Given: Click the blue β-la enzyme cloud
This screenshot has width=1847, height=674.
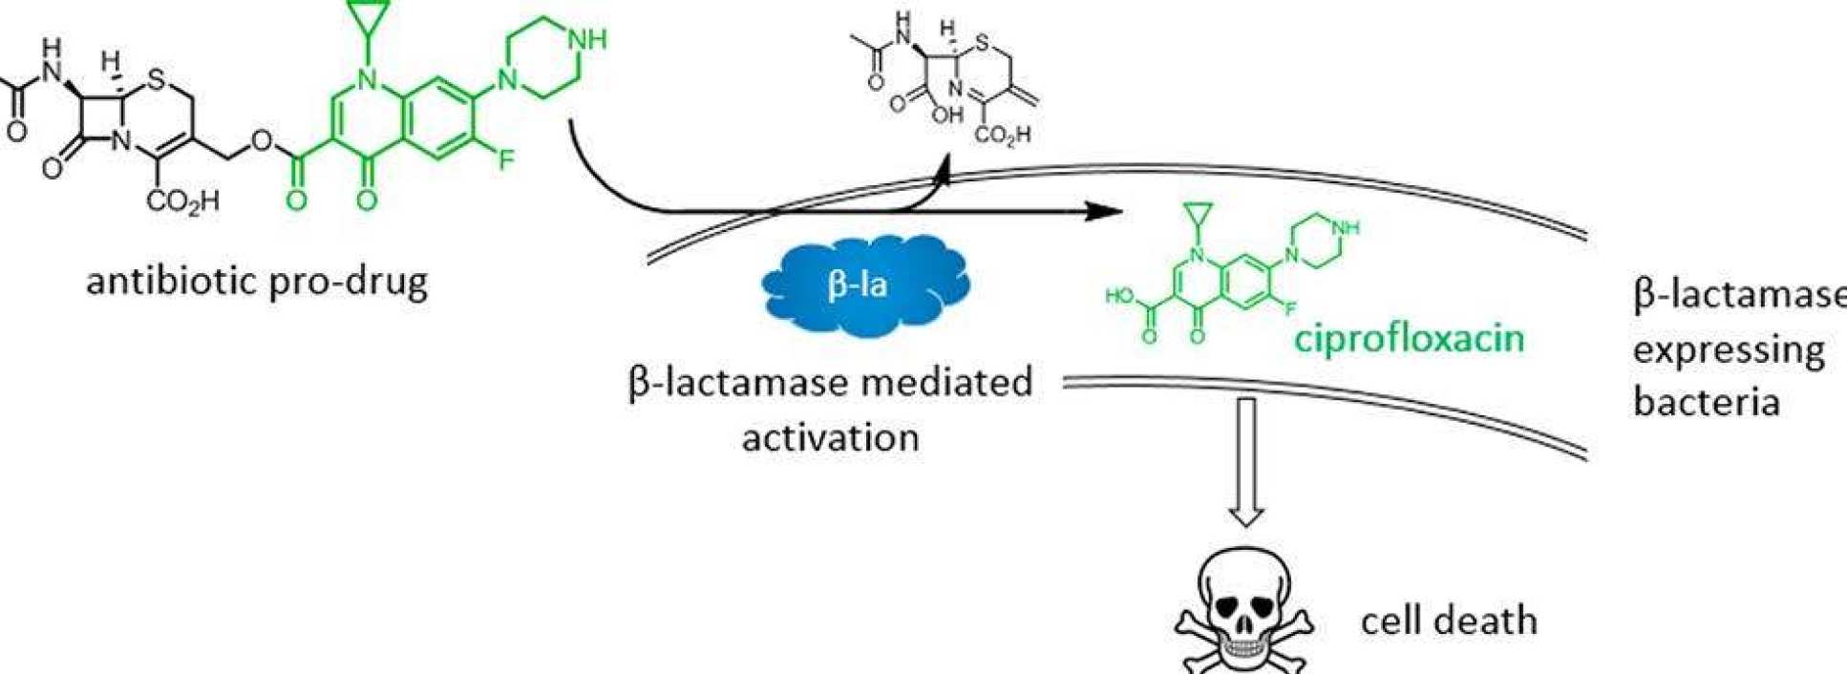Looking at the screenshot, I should pyautogui.click(x=858, y=285).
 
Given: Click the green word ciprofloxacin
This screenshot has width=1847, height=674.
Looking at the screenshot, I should pyautogui.click(x=1410, y=338).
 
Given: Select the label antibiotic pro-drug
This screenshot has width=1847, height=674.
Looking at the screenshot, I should pyautogui.click(x=257, y=283).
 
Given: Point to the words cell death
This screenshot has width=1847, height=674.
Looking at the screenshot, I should pyautogui.click(x=1449, y=621).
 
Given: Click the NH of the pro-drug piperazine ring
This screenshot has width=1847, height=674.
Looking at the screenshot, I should pyautogui.click(x=585, y=39).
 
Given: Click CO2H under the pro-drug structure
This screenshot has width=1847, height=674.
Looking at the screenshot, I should pyautogui.click(x=183, y=200).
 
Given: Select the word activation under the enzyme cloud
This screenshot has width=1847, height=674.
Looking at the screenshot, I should pyautogui.click(x=830, y=438).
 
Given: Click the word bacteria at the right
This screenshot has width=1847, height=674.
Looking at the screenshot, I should pyautogui.click(x=1707, y=402).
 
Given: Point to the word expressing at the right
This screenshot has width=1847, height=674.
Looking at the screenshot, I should pyautogui.click(x=1729, y=350).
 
